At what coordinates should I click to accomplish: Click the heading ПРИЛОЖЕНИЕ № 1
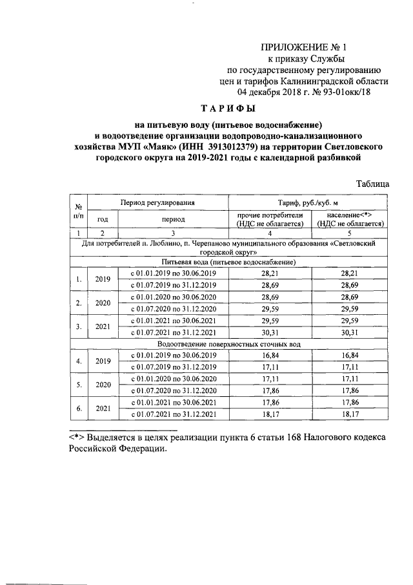(303, 47)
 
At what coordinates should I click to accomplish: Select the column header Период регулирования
(157, 203)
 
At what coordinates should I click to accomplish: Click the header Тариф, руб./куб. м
(308, 203)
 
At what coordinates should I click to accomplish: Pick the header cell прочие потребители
(270, 219)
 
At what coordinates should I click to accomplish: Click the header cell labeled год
(103, 219)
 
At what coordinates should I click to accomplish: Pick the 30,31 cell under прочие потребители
(270, 333)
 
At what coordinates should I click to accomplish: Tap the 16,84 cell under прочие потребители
(270, 356)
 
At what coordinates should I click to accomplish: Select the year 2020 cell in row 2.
(103, 303)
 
